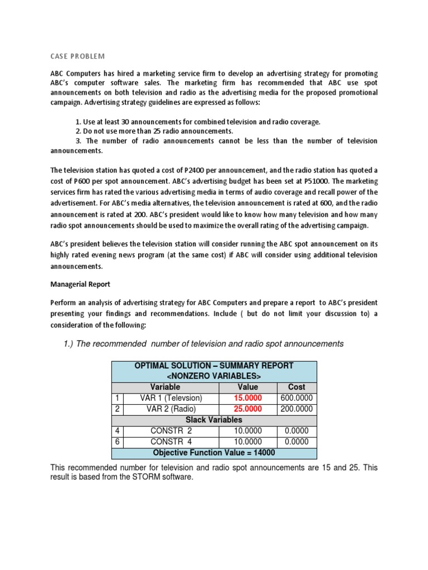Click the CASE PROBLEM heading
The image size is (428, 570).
coord(77,56)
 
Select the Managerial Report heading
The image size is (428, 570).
coord(80,284)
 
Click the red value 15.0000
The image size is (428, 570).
coord(247,399)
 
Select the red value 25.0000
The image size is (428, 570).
coord(247,410)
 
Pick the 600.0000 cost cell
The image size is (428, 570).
coord(296,399)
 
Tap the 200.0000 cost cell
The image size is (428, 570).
coord(296,410)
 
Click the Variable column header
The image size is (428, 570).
coord(166,387)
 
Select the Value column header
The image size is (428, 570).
coord(247,387)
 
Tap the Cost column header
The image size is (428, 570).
coord(296,387)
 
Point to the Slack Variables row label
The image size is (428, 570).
coord(214,420)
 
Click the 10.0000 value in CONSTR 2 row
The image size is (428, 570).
coord(247,431)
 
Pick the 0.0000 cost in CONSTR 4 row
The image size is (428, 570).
coord(296,443)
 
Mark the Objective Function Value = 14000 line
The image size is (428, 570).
coord(214,453)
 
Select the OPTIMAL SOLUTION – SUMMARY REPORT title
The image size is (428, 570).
coord(214,366)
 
